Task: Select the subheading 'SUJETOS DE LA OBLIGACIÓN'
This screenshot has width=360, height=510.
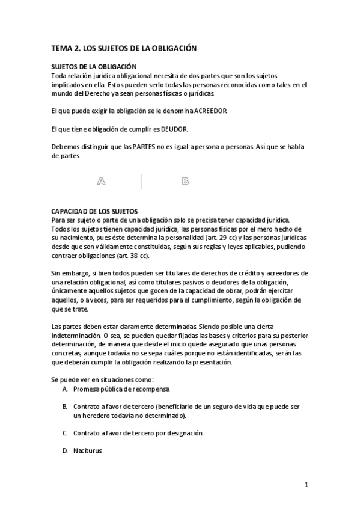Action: (94, 67)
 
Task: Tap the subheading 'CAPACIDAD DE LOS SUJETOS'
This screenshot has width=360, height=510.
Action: (94, 211)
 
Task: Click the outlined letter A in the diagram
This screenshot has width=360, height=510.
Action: (101, 181)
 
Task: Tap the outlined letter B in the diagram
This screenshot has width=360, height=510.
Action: (185, 181)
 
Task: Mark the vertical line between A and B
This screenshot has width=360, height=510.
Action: (141, 181)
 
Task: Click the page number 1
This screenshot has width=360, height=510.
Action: (306, 484)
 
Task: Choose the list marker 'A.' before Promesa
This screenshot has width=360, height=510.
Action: (64, 389)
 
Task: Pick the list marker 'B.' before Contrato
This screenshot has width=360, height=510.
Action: (64, 407)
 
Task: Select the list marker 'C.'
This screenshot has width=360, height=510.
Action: (64, 432)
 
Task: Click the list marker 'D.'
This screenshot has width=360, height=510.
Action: (64, 450)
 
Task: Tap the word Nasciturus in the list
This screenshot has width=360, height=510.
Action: (88, 450)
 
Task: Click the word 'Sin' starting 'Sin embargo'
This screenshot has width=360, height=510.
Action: (56, 273)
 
